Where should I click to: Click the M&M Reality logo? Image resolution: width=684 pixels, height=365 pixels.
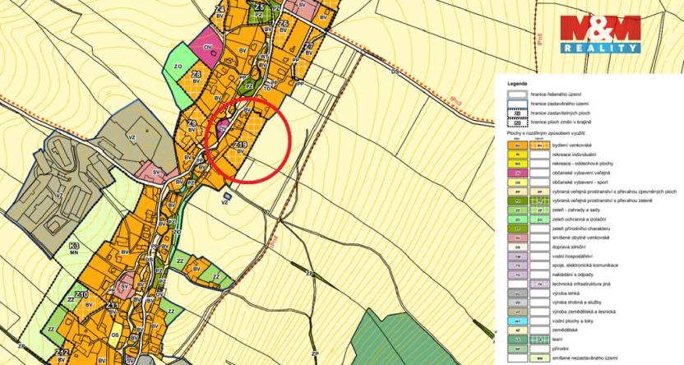coord(599,34)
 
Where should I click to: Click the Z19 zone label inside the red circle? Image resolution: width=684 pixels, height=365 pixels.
coord(241,145)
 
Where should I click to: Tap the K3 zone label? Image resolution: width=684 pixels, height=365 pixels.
coord(74,246)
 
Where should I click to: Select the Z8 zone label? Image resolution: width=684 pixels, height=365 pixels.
coord(196,75)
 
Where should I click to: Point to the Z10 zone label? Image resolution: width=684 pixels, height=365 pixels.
coord(81,294)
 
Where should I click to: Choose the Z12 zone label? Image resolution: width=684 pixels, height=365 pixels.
coord(62,353)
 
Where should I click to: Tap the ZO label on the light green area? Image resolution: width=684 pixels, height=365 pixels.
coord(178,67)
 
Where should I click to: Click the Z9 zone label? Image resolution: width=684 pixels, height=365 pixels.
coord(191,123)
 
